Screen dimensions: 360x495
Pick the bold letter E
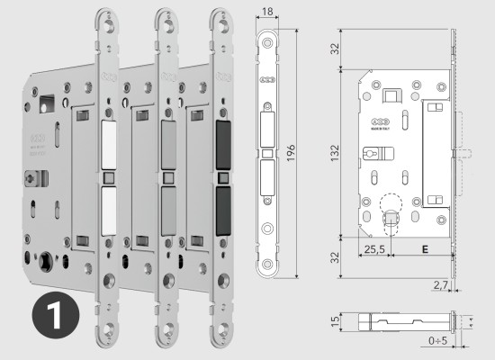pyautogui.click(x=423, y=246)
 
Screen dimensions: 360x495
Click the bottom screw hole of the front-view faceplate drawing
pyautogui.click(x=268, y=265)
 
